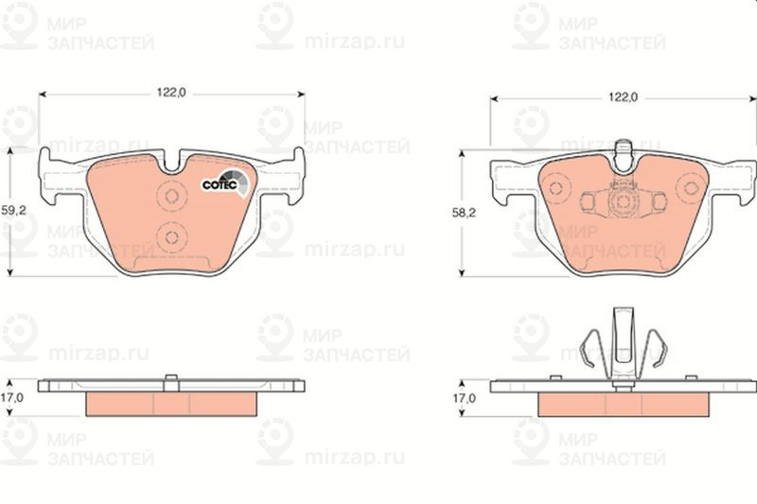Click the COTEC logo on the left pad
coord(225,182)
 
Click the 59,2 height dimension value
coord(13,210)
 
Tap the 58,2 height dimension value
coord(464,213)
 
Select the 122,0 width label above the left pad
coord(171,92)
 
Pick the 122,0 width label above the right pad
coord(623,97)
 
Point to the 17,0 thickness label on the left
coord(11,398)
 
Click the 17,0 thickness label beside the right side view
coord(464,398)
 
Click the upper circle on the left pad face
coord(172,196)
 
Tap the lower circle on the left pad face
coord(172,236)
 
